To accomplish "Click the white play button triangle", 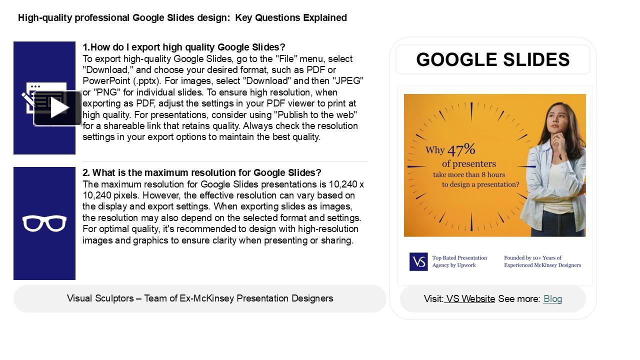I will click(59, 108).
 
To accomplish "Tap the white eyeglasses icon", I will click(44, 223).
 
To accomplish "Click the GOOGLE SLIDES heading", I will click(492, 59).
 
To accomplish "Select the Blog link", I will click(552, 299).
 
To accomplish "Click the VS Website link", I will click(470, 299).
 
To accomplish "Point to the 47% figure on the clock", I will click(461, 149).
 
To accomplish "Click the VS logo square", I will click(418, 261).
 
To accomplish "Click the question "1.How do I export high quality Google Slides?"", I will click(184, 47).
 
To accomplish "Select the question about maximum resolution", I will click(202, 173).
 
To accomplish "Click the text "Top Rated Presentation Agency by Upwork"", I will click(459, 261).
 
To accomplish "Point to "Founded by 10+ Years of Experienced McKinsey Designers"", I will click(542, 261).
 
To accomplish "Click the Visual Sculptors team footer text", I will click(200, 298).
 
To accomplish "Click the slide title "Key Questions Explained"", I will click(291, 18).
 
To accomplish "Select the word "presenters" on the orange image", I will click(468, 164).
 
